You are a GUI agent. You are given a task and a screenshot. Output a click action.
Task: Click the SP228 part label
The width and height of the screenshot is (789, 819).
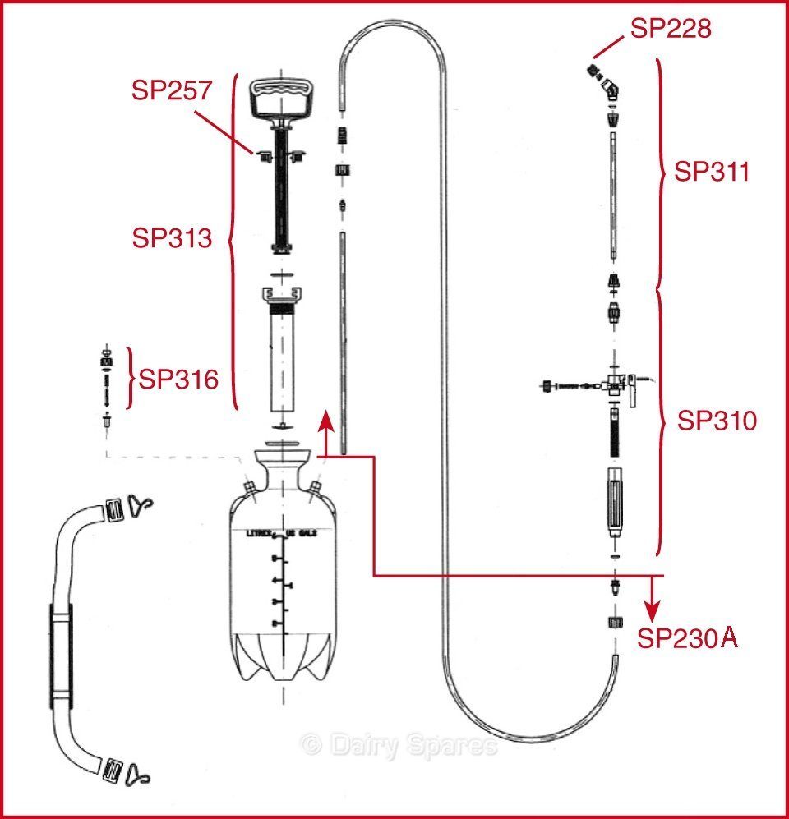coord(670,29)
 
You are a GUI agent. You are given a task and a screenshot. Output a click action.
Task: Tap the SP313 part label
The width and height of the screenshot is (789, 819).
coord(172,238)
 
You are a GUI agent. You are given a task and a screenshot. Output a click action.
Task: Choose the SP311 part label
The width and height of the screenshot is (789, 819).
coord(712,172)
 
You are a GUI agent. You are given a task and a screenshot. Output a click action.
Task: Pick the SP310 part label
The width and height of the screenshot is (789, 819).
coord(717,421)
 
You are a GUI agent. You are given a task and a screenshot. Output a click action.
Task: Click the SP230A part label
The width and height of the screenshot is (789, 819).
coord(687,639)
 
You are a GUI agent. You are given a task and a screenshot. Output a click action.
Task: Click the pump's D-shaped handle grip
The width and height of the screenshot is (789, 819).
coord(283,99)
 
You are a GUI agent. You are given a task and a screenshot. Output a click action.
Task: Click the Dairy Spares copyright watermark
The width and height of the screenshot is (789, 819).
coord(400,745)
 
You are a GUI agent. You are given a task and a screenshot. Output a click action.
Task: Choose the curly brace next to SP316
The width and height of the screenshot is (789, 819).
coord(130,379)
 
